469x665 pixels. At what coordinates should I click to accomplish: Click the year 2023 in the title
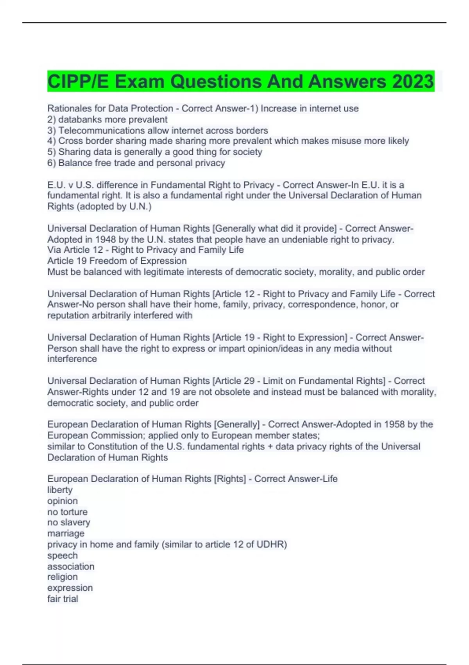point(413,82)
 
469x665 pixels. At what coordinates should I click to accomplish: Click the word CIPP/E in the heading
point(78,82)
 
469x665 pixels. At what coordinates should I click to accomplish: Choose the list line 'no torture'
point(67,512)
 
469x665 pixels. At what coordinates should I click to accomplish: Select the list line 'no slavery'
point(69,523)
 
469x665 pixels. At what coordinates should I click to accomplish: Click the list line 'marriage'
point(66,534)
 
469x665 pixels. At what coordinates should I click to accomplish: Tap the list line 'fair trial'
point(63,599)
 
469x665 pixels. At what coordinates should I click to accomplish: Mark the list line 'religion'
point(63,577)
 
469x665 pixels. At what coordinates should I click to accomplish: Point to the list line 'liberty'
point(60,490)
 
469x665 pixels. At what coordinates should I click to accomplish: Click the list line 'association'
point(71,566)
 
